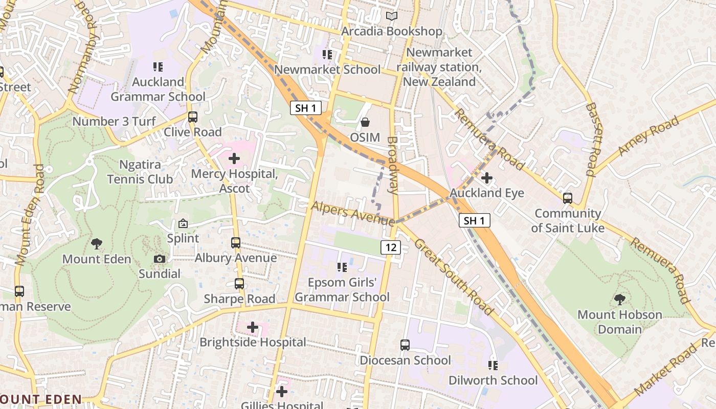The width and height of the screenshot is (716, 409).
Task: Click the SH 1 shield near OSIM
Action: tap(306, 108)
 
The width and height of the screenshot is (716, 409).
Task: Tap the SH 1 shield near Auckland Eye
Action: tap(474, 220)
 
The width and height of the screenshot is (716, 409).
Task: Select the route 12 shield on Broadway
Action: tap(390, 247)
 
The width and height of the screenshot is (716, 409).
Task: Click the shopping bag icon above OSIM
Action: tap(365, 122)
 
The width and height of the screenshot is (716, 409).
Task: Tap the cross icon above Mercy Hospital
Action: tap(234, 158)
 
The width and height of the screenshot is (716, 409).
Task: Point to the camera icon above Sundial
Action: tap(160, 259)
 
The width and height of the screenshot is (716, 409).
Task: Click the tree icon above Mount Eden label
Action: tap(96, 244)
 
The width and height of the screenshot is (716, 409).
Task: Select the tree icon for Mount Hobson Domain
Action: tap(619, 299)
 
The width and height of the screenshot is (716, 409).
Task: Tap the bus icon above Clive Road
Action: tap(193, 117)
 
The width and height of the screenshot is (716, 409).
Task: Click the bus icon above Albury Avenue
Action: tap(236, 242)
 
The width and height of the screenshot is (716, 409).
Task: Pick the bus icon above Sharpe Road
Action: tap(239, 283)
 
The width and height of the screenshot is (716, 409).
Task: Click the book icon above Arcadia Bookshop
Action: tap(392, 16)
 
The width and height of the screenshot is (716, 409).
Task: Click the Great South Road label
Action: tap(454, 277)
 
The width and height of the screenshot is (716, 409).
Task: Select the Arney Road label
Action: tap(648, 135)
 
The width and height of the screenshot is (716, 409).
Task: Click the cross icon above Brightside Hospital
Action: tap(253, 327)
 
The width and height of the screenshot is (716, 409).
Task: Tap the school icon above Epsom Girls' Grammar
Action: tap(342, 267)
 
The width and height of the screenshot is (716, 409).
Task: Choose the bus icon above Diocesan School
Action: tap(405, 345)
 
